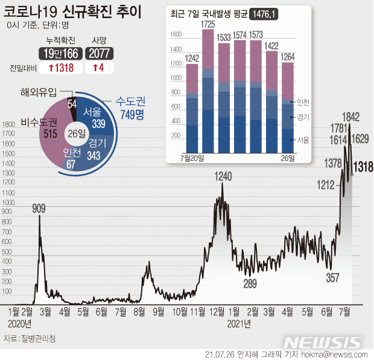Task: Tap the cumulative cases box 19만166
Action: (59, 54)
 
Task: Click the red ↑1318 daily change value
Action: (59, 68)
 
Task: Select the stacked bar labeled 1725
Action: (208, 90)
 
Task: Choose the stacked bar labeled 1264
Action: (288, 109)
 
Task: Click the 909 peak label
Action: (39, 209)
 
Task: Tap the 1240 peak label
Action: (222, 177)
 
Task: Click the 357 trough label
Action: (333, 278)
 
